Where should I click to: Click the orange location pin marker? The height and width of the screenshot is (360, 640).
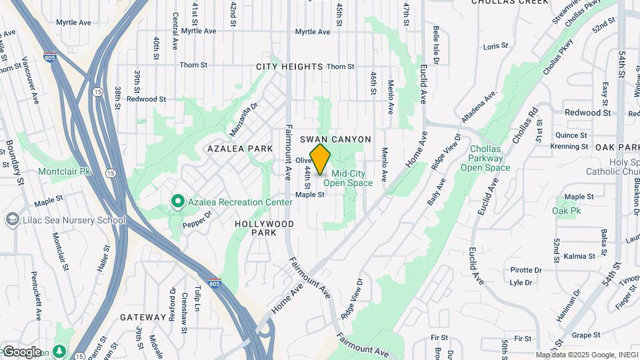click(x=320, y=159)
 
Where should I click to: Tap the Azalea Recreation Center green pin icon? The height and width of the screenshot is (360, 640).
click(x=177, y=201)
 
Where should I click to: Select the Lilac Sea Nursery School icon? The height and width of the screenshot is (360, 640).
click(x=12, y=219)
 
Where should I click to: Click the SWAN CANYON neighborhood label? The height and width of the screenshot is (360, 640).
click(x=335, y=139)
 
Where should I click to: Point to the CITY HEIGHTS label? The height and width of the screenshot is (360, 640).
click(x=289, y=67)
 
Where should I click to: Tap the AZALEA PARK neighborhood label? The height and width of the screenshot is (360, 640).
click(x=240, y=148)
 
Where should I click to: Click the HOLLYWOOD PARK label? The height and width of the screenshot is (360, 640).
click(x=265, y=229)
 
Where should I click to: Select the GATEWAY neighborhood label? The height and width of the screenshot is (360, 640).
click(x=143, y=317)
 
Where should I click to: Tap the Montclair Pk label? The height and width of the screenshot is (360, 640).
click(x=64, y=171)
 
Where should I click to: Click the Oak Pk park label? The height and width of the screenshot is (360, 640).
click(x=567, y=211)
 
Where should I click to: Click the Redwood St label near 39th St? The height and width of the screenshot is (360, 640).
click(x=146, y=99)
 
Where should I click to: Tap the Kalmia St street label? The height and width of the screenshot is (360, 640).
click(x=561, y=256)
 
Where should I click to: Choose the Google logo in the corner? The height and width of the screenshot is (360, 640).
click(x=22, y=351)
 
